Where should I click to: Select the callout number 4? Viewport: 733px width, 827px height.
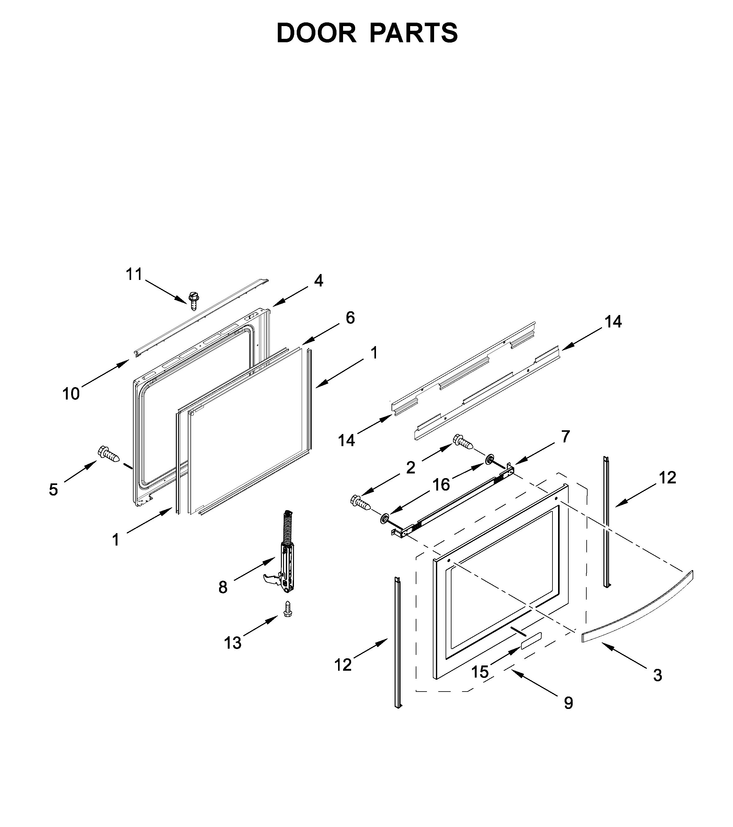[x=318, y=281]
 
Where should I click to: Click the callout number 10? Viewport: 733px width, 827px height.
[x=71, y=394]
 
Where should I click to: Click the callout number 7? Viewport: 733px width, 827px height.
[x=566, y=436]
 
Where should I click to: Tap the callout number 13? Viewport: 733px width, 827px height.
[x=233, y=642]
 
